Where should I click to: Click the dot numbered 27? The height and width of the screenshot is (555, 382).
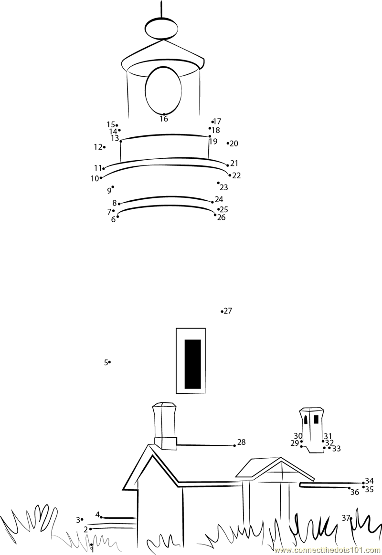coord(222,311)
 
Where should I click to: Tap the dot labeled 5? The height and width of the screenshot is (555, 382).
coord(109,362)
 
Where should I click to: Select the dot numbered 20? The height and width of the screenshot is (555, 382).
coord(228,144)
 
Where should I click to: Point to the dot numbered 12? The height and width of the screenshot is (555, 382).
coord(104,147)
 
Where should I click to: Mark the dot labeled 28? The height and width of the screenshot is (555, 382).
coord(234,446)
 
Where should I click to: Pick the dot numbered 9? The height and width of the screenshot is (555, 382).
coord(113,186)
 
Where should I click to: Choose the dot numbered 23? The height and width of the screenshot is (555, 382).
coord(218,183)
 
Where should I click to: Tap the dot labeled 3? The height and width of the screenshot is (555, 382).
coord(82,519)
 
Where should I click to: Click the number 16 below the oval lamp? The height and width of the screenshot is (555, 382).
coord(163,119)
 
